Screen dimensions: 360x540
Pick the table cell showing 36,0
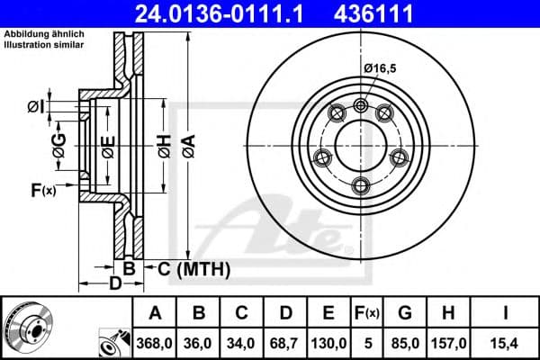click(200, 342)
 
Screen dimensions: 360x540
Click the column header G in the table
click(406, 313)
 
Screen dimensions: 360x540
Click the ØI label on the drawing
click(35, 108)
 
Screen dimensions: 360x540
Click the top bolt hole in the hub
click(362, 105)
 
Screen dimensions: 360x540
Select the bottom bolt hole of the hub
click(362, 184)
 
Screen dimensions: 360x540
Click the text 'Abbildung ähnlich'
click(43, 33)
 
